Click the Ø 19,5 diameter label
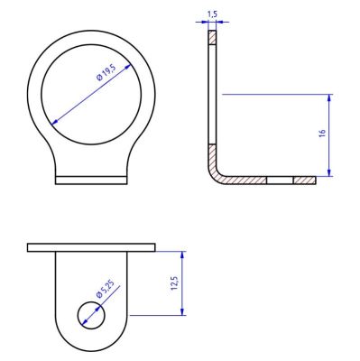coord(106,73)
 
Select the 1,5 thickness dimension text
coord(212,14)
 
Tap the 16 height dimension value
coord(321,134)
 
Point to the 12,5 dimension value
coord(174,283)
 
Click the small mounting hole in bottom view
coord(91,315)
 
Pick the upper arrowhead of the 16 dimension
coord(330,98)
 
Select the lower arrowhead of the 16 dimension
coord(330,172)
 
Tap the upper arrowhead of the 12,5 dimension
coord(182,255)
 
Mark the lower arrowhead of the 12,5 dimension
coord(182,311)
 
